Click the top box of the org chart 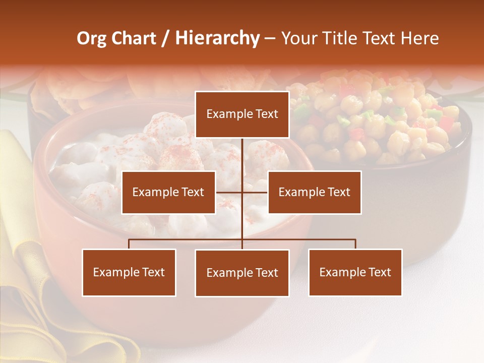pyautogui.click(x=242, y=114)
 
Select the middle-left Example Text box pyautogui.click(x=168, y=192)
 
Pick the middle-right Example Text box pyautogui.click(x=314, y=192)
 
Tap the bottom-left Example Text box pyautogui.click(x=129, y=273)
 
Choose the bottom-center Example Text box pyautogui.click(x=242, y=273)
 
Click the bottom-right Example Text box pyautogui.click(x=355, y=273)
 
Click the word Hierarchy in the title pyautogui.click(x=217, y=38)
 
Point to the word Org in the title pyautogui.click(x=91, y=39)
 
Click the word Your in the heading pyautogui.click(x=297, y=38)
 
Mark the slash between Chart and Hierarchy pyautogui.click(x=165, y=39)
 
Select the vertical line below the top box pyautogui.click(x=242, y=156)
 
